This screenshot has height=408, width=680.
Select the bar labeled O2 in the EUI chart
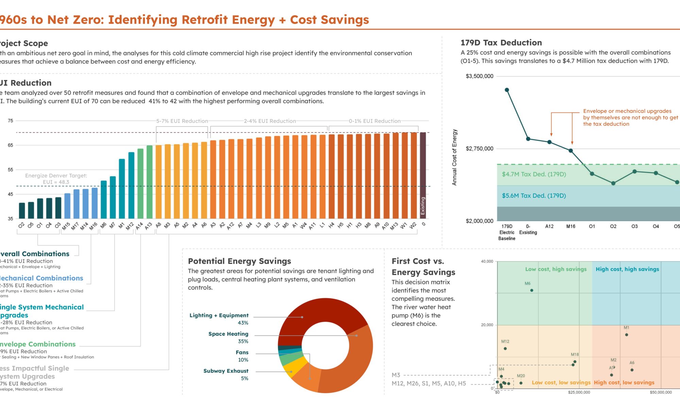[22, 210]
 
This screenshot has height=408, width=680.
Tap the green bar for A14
[140, 183]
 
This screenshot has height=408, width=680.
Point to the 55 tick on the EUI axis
[11, 170]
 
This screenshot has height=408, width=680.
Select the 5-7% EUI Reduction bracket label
[182, 121]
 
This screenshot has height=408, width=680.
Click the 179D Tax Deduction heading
[501, 43]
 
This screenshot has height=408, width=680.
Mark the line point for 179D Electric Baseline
[507, 90]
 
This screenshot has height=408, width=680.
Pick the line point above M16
[571, 151]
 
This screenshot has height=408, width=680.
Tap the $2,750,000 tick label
[479, 149]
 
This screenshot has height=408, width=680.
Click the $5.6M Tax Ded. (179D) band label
[534, 195]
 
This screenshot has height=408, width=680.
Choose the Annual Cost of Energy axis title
[454, 157]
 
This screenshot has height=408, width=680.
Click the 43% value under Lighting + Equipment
[243, 323]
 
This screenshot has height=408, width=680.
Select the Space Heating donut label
[228, 334]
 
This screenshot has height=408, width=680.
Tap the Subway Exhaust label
[226, 371]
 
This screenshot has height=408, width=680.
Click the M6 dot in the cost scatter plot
[532, 290]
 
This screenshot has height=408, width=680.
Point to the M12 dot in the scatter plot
[505, 348]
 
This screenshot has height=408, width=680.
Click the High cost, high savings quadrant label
[627, 269]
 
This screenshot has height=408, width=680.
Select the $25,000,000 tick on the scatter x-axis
[579, 392]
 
